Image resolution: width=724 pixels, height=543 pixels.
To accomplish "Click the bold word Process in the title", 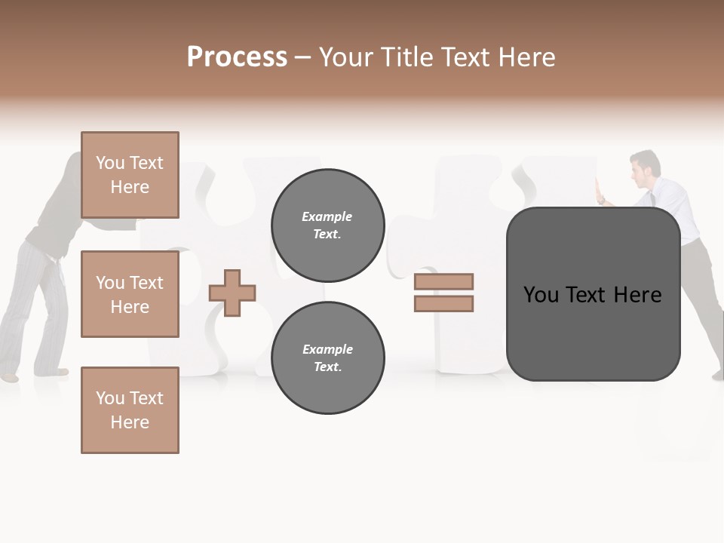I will coord(237,57).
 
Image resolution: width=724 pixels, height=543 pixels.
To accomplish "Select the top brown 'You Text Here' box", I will coord(130,175).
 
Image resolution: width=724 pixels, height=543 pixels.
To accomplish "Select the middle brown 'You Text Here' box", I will coord(130,294).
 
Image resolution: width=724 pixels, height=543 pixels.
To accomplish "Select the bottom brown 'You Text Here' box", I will coord(130,410).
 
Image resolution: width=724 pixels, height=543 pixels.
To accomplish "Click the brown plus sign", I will coord(232,293).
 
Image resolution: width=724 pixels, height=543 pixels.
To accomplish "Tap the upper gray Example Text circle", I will coord(328,225).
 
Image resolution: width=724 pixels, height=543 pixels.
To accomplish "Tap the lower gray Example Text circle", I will coord(328,358).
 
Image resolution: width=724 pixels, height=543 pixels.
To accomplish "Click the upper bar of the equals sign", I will coord(443,282).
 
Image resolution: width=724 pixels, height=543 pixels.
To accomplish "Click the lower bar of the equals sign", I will coord(443,304).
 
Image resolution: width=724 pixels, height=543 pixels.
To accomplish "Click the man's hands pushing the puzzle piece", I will coord(600,192).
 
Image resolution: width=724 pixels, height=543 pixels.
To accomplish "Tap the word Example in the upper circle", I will coord(327,216).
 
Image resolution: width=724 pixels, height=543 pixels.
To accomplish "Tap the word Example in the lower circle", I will coord(327,349).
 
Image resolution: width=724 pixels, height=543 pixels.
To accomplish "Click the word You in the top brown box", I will coord(110,163).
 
